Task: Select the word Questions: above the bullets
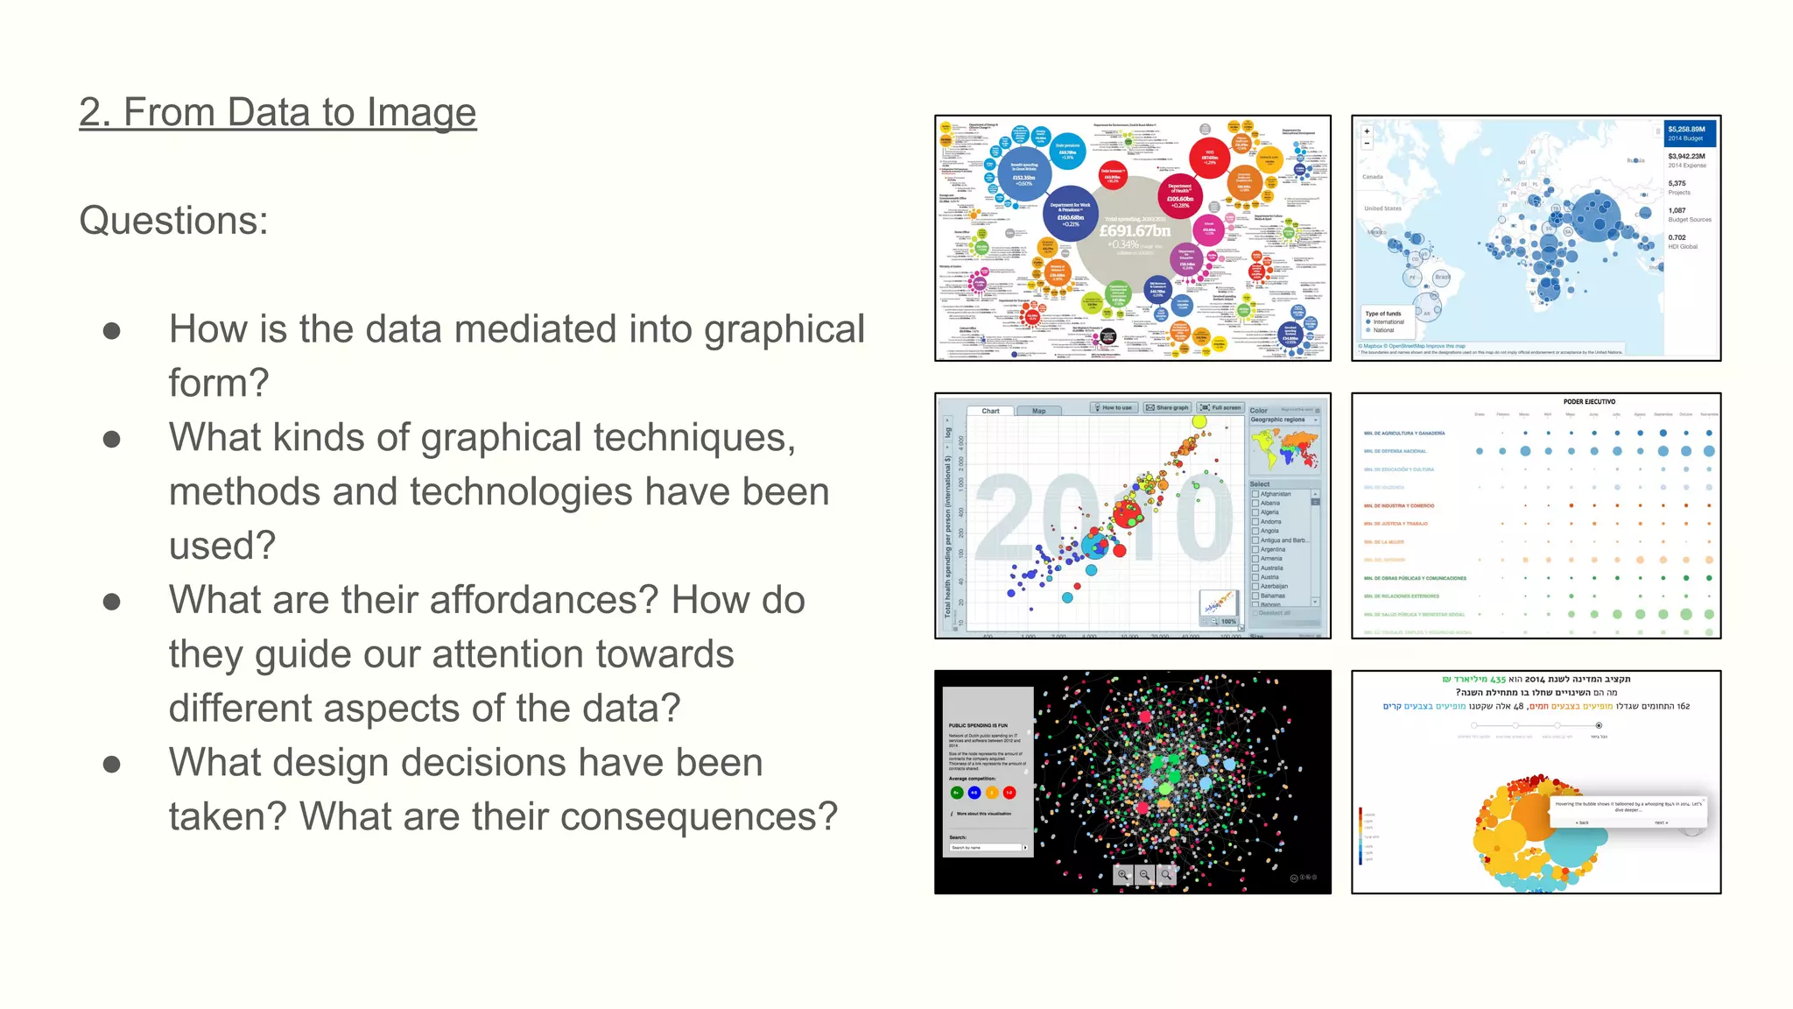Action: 173,220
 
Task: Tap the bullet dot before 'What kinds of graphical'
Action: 111,439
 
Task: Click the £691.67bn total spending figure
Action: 1135,230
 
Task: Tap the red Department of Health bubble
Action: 1179,194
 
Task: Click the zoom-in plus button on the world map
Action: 1367,131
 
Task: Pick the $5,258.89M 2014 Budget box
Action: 1690,133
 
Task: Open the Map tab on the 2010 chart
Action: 1038,411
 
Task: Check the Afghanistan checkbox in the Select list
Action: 1255,494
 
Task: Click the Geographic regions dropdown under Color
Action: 1284,420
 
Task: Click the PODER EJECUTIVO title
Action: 1589,402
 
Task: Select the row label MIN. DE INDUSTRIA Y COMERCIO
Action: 1398,505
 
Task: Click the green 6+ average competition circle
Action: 956,793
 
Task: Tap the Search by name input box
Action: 985,848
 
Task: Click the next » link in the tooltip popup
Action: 1661,822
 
